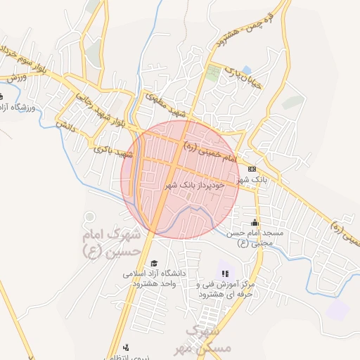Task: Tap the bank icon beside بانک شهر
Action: click(x=252, y=169)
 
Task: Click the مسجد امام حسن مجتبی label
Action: click(x=255, y=238)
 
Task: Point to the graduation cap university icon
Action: click(x=154, y=263)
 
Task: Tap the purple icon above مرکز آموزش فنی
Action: click(x=225, y=274)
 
